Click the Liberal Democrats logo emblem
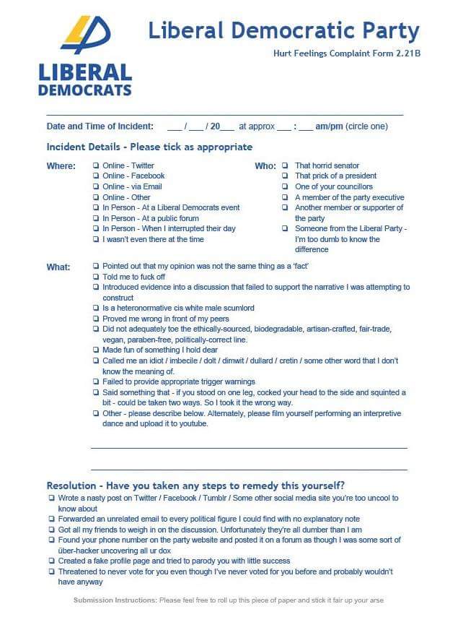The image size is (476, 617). tap(86, 35)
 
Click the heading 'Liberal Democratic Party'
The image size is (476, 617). tap(283, 31)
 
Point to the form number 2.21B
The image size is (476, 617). tap(405, 53)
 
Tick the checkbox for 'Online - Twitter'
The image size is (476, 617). tap(96, 166)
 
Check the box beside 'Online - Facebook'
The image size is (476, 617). tap(96, 176)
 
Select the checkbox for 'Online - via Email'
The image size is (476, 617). tap(96, 187)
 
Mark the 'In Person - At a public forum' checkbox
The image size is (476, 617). tap(96, 219)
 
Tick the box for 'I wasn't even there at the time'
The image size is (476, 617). tap(96, 240)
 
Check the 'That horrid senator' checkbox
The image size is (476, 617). tap(285, 166)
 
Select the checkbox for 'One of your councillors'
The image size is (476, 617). tap(285, 187)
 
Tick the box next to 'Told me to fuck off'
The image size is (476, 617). tap(96, 277)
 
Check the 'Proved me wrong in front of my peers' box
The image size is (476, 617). tap(96, 319)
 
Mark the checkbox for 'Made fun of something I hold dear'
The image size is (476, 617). tap(96, 350)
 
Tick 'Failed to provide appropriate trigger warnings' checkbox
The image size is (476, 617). tap(96, 382)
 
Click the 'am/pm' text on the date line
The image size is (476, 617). tap(329, 126)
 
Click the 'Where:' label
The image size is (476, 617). tap(61, 166)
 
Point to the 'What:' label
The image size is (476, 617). tap(58, 267)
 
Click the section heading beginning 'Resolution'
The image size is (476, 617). tap(195, 485)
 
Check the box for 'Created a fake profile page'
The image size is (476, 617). tap(51, 561)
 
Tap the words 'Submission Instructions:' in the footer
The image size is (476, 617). tap(115, 600)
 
